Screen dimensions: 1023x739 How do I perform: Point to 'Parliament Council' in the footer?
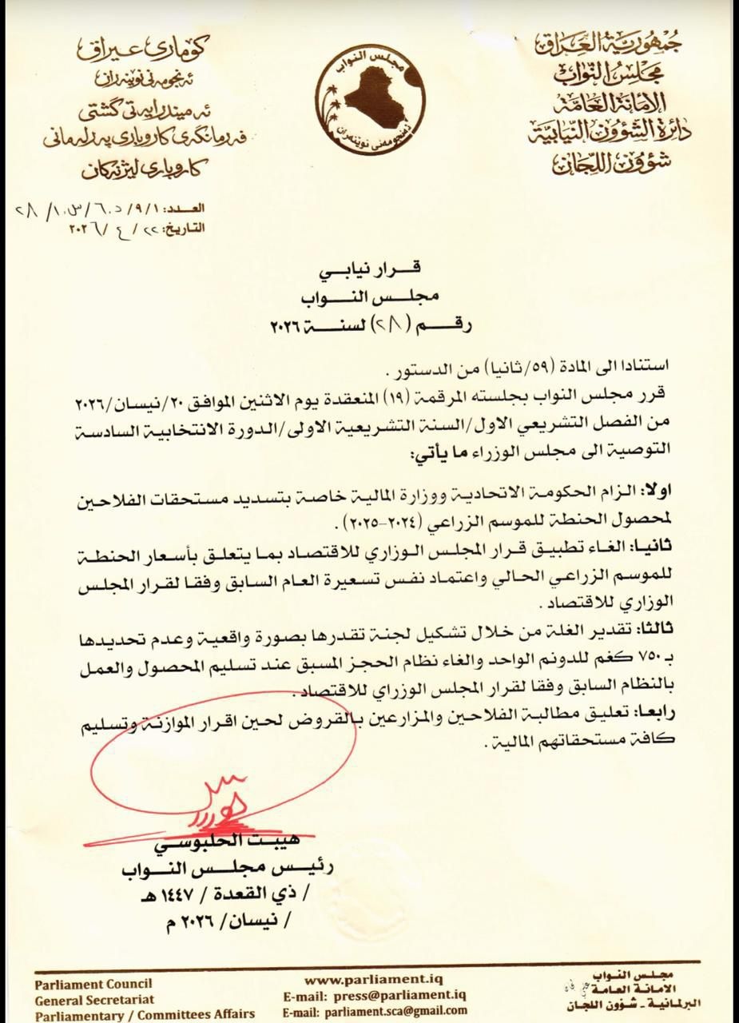pyautogui.click(x=93, y=984)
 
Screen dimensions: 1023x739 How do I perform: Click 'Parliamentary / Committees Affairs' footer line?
pyautogui.click(x=145, y=1014)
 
